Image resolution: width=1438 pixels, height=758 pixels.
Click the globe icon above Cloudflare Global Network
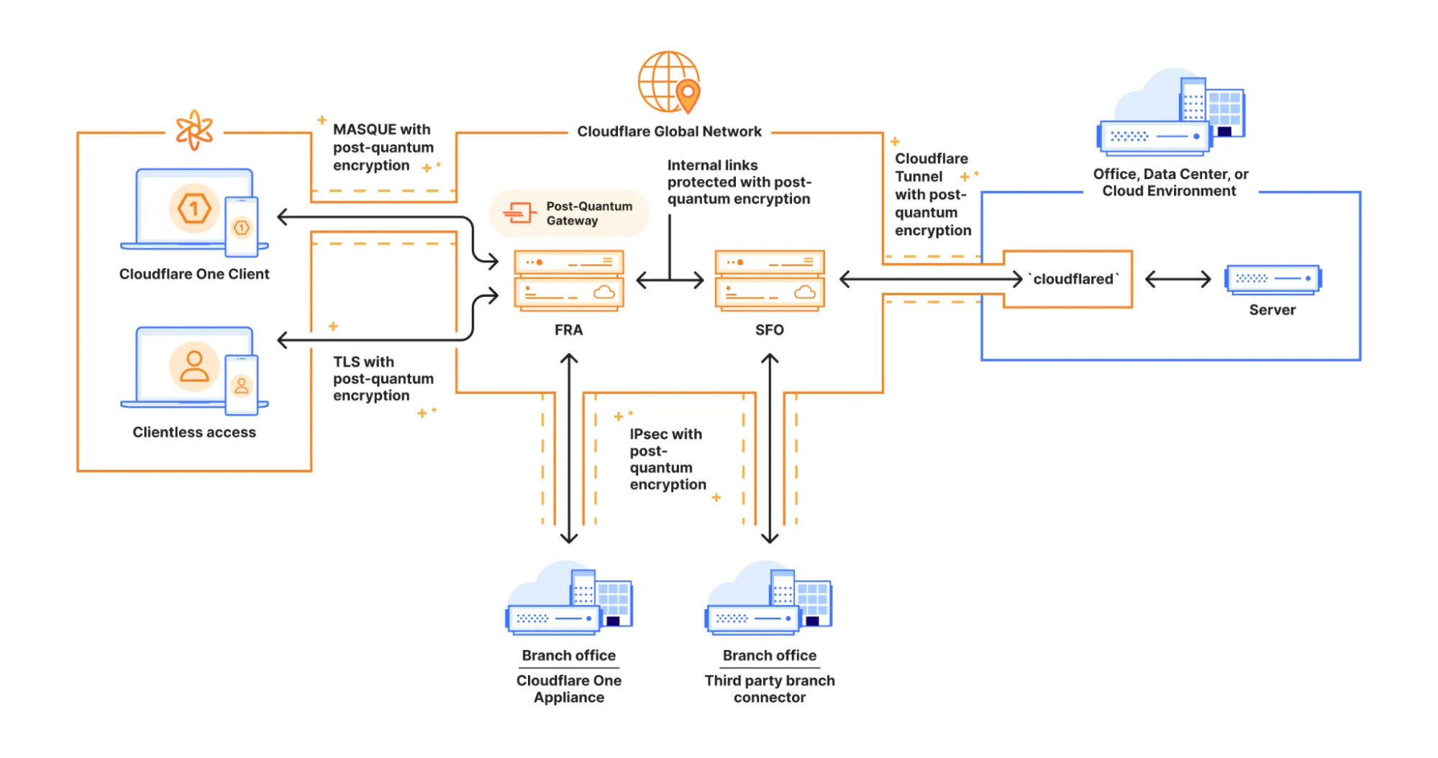click(x=669, y=82)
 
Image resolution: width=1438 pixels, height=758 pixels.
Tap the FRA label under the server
click(x=568, y=330)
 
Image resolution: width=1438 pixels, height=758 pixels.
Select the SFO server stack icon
click(x=769, y=280)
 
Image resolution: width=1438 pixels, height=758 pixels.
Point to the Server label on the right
click(x=1272, y=310)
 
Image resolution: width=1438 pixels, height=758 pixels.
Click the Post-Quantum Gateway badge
click(x=569, y=214)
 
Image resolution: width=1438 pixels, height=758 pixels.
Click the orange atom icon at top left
click(x=194, y=130)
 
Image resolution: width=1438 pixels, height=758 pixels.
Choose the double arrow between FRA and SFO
click(x=669, y=280)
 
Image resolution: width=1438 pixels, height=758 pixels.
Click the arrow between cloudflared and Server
click(x=1178, y=279)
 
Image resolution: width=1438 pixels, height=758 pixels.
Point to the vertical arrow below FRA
click(x=569, y=448)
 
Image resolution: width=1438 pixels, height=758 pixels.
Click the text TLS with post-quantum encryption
click(x=383, y=378)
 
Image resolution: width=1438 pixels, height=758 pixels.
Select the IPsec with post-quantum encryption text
click(x=667, y=459)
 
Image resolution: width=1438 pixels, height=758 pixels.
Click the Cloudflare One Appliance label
click(x=568, y=688)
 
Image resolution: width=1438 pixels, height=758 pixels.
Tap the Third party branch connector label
click(x=769, y=688)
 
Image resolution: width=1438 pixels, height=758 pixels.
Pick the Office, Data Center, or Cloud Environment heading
click(x=1170, y=182)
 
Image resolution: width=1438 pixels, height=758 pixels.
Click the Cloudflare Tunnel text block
click(x=932, y=194)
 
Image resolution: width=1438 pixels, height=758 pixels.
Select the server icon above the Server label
click(x=1273, y=279)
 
